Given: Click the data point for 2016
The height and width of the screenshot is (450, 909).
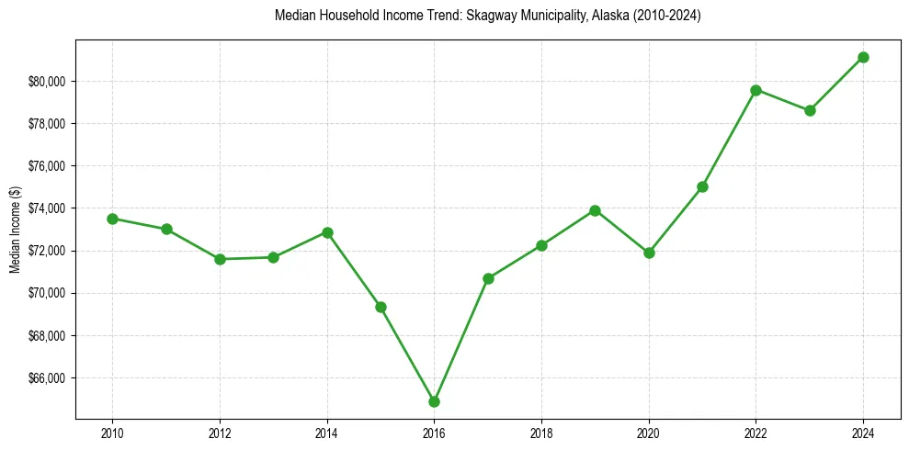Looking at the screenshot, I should click(x=434, y=401).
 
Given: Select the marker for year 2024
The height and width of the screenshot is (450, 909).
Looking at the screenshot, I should click(x=863, y=57).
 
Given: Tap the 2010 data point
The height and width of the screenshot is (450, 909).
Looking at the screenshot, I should click(x=112, y=219).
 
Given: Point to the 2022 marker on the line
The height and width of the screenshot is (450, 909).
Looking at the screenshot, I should click(x=756, y=90).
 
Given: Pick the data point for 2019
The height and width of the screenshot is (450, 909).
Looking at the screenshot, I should click(x=595, y=210).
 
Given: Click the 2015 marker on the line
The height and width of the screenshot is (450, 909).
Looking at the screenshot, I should click(x=381, y=307).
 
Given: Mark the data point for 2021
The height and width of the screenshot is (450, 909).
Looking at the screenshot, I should click(x=702, y=186).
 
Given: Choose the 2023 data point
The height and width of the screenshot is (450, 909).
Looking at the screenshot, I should click(x=810, y=110).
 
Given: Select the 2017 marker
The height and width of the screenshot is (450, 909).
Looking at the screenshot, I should click(x=488, y=278).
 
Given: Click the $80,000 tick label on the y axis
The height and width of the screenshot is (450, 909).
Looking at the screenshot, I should click(x=47, y=82).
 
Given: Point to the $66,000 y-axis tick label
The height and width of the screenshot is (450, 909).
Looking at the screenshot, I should click(x=47, y=378).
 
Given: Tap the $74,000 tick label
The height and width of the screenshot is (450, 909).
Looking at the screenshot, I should click(x=47, y=208).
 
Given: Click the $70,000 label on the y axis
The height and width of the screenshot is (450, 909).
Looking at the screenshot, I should click(x=47, y=294).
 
